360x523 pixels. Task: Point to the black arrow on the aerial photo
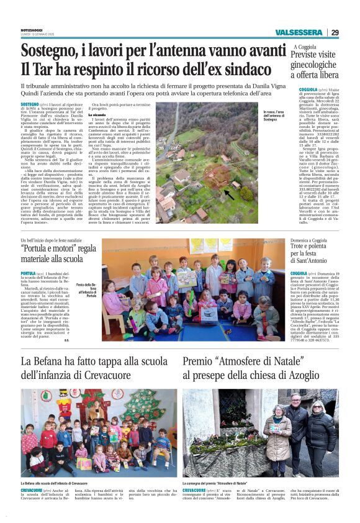[228, 194]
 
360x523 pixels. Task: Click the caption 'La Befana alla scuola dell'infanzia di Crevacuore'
[54, 483]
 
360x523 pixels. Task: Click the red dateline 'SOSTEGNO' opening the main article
[30, 104]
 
